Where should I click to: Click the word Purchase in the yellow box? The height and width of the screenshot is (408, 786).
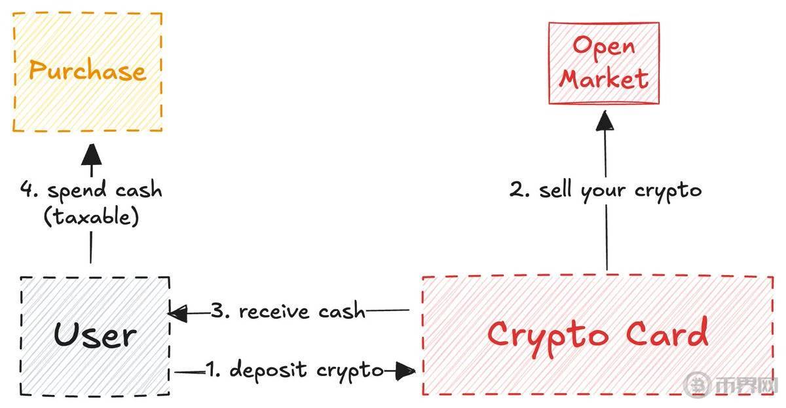pos(87,71)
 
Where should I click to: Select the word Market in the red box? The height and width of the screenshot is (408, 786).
pos(603,80)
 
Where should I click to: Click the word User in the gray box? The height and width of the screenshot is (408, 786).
pos(95,335)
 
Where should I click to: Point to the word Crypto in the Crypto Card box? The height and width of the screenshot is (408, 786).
pos(547,333)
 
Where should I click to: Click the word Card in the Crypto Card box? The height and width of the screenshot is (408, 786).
pos(667,333)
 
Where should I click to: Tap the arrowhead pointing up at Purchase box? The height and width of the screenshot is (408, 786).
pos(91,156)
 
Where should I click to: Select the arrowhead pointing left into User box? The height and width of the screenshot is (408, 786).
pos(178,314)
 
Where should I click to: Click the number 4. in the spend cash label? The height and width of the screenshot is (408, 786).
pos(29,191)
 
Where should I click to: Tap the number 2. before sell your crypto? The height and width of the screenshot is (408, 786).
pos(521,191)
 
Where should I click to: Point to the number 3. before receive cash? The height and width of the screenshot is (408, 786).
pos(221,311)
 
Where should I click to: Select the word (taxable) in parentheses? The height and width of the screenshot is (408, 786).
pos(91,217)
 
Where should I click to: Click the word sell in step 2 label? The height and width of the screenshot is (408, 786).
pos(557,191)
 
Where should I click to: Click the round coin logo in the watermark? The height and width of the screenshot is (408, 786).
pos(696,386)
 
